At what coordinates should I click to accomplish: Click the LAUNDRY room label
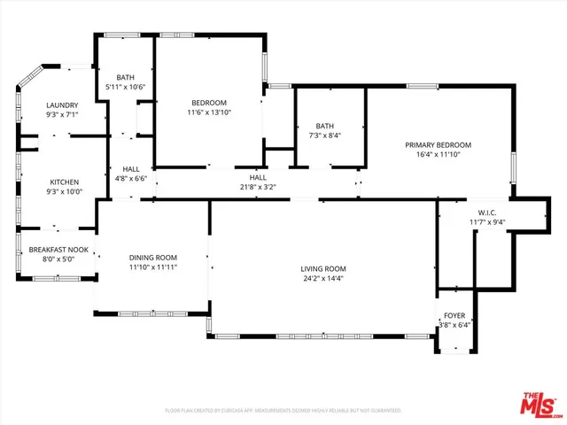coord(62,104)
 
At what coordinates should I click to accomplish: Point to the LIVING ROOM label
coord(322,268)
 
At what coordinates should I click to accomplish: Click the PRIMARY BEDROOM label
coord(438,144)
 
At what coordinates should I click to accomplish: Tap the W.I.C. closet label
coord(487,212)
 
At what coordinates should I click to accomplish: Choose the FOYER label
coord(454,314)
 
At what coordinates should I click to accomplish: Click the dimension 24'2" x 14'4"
coord(322,279)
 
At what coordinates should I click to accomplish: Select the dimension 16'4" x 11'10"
coord(438,154)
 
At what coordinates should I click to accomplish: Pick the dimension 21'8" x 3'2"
coord(257,187)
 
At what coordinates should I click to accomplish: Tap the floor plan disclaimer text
coord(283,410)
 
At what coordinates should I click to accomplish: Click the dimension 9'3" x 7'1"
coord(62,114)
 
